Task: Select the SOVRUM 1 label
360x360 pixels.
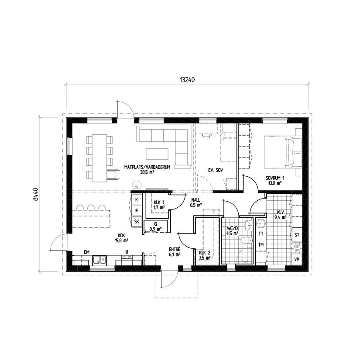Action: [x=275, y=178]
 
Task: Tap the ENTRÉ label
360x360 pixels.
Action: [x=175, y=250]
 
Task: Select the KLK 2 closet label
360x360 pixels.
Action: [x=204, y=253]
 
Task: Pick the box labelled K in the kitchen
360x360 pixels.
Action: [x=137, y=199]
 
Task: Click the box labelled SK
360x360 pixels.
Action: [x=137, y=222]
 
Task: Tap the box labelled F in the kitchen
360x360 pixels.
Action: [x=137, y=211]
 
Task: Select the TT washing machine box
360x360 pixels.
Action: [x=261, y=234]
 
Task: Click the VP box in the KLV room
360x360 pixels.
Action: [x=297, y=259]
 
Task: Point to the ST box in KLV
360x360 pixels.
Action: [x=297, y=235]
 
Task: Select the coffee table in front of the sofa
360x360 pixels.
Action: [x=157, y=154]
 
